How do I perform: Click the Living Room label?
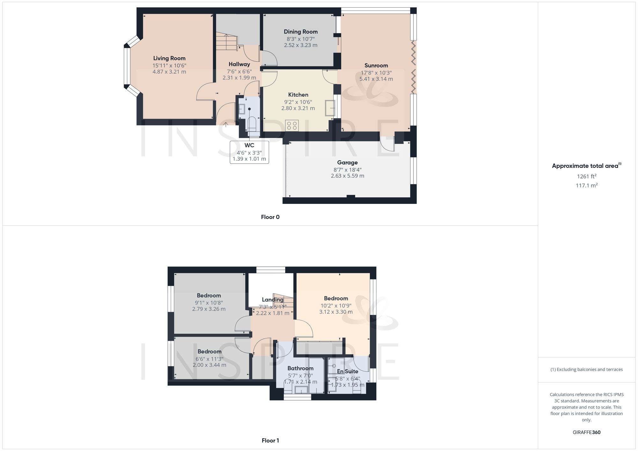click(169, 58)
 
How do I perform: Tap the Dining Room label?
click(300, 32)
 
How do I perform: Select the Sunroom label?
click(376, 66)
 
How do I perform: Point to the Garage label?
click(347, 163)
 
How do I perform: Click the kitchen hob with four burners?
click(292, 125)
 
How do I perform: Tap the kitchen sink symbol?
click(330, 108)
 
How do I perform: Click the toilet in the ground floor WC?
click(252, 123)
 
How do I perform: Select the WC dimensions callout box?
click(249, 152)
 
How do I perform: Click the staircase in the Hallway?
click(227, 42)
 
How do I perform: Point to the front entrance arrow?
click(226, 124)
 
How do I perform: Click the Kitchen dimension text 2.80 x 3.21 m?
click(298, 108)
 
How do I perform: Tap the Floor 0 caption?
click(270, 217)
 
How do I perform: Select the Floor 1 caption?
click(270, 440)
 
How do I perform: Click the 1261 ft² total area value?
click(586, 176)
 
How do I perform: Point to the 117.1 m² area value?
click(586, 185)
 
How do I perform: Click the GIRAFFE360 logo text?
click(586, 432)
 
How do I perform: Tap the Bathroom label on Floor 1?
click(300, 368)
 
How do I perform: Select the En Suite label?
click(347, 371)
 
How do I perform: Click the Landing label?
click(272, 300)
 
